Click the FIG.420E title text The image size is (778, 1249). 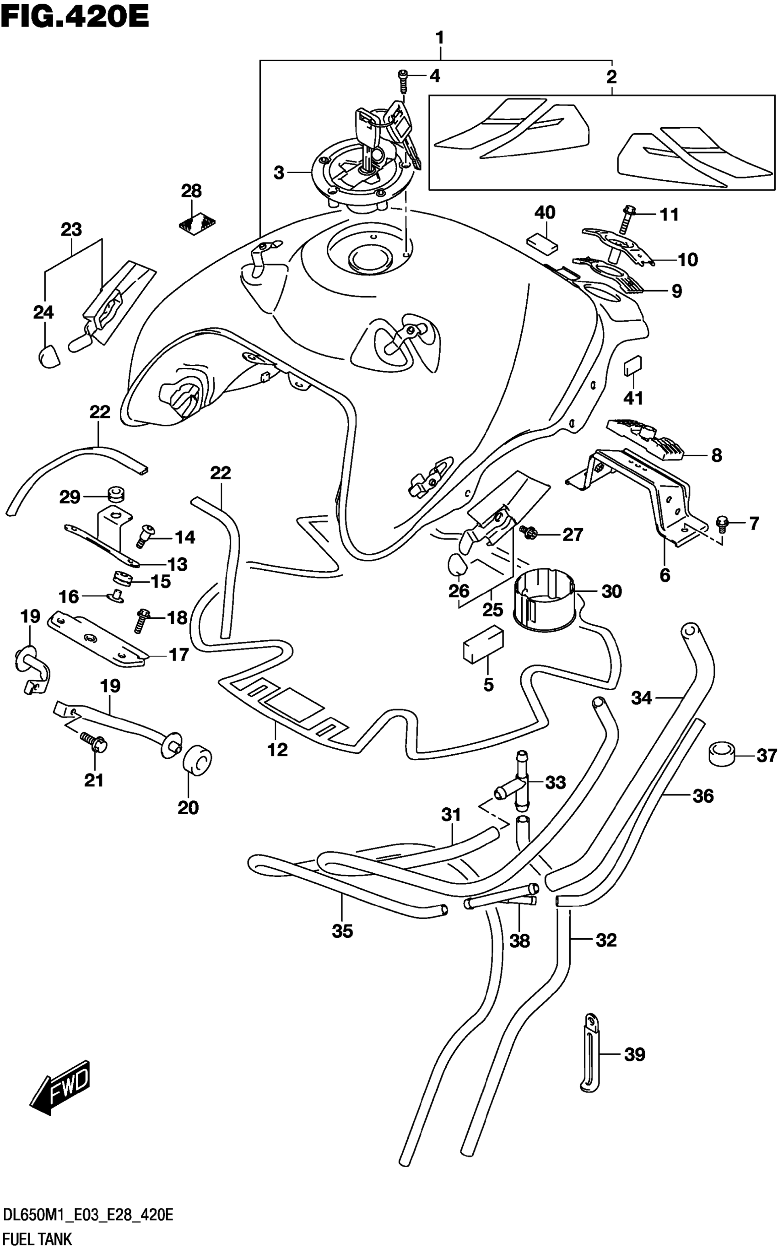[75, 17]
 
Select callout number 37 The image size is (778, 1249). [766, 756]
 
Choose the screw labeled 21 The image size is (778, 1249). [94, 743]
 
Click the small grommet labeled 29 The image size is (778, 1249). [116, 495]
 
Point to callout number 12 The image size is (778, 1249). [277, 750]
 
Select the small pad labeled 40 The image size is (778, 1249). [542, 242]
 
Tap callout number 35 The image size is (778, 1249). [342, 931]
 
